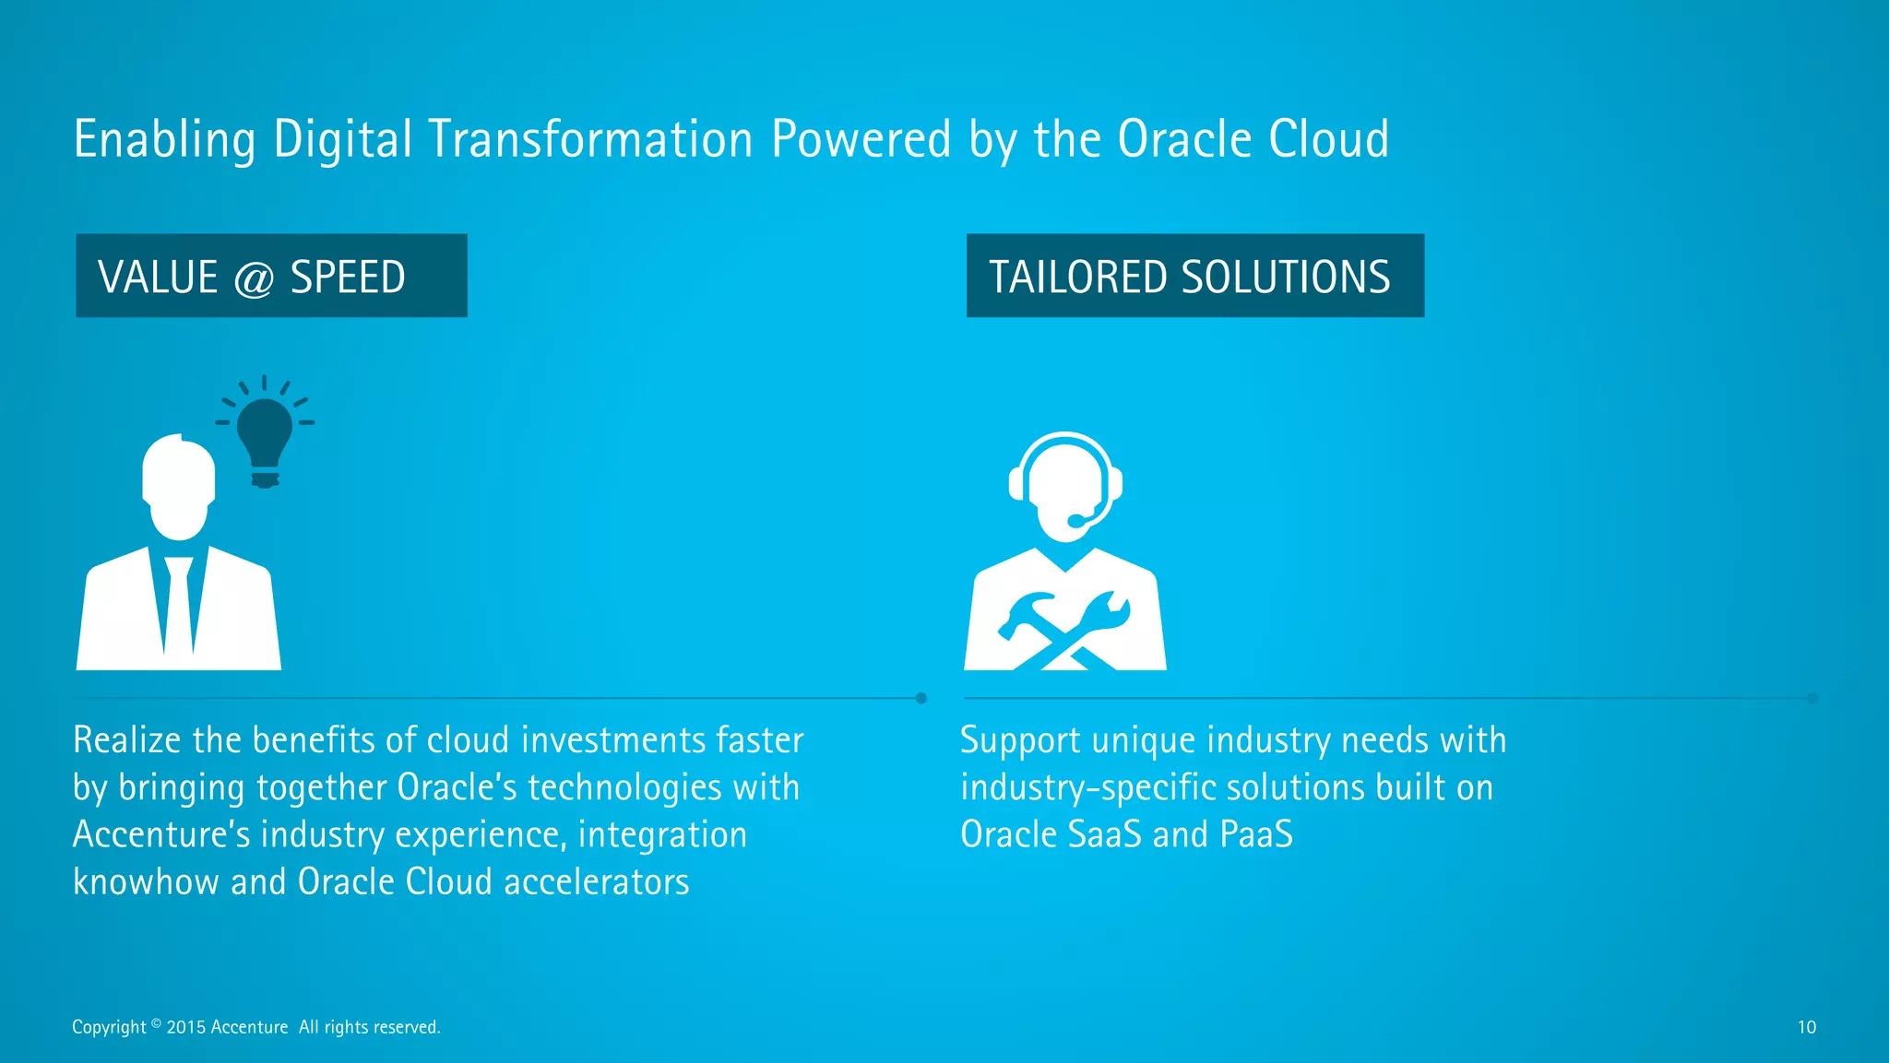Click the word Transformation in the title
click(590, 140)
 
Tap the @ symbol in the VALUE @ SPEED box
click(254, 278)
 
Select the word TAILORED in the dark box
click(1078, 277)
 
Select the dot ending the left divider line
click(921, 698)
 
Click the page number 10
click(1806, 1027)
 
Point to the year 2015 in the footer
click(186, 1027)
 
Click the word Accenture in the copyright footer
click(249, 1027)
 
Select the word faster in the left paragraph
click(759, 740)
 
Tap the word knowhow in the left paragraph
click(146, 882)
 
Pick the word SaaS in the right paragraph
click(1105, 834)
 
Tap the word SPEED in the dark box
click(348, 278)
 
